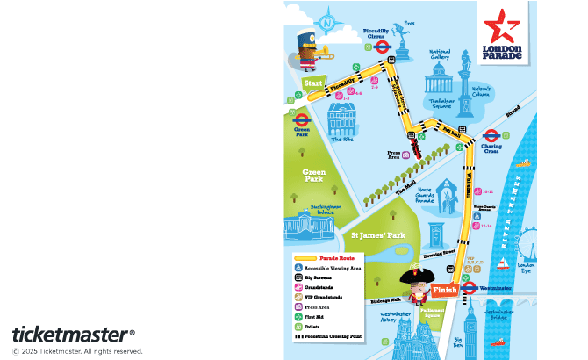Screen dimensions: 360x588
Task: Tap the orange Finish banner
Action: [445, 291]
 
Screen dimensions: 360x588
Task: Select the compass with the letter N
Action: [329, 22]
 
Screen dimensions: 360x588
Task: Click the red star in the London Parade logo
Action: [502, 26]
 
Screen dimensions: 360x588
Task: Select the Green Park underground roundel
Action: [301, 119]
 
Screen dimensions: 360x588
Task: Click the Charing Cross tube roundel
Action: [491, 137]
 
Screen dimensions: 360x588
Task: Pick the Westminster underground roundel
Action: [469, 287]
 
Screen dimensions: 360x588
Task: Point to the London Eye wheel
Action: [526, 241]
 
